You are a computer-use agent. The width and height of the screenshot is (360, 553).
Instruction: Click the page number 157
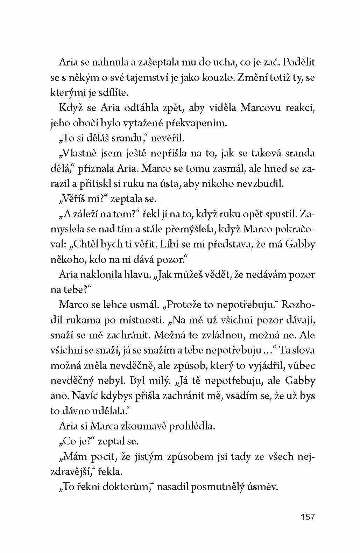tap(308, 517)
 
